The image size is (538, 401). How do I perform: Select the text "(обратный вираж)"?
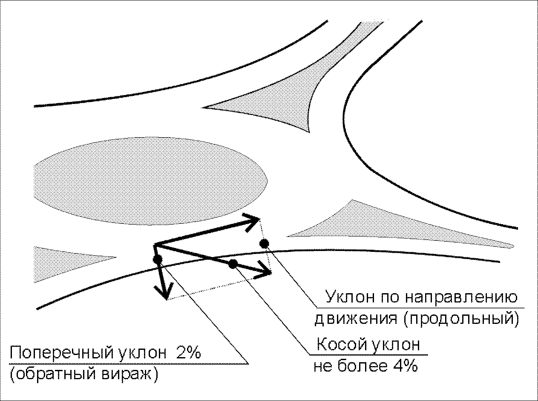(84, 375)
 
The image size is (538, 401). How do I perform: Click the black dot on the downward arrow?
(157, 259)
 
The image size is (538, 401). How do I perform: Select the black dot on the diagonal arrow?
(232, 264)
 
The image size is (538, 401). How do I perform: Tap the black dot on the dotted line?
(264, 243)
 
